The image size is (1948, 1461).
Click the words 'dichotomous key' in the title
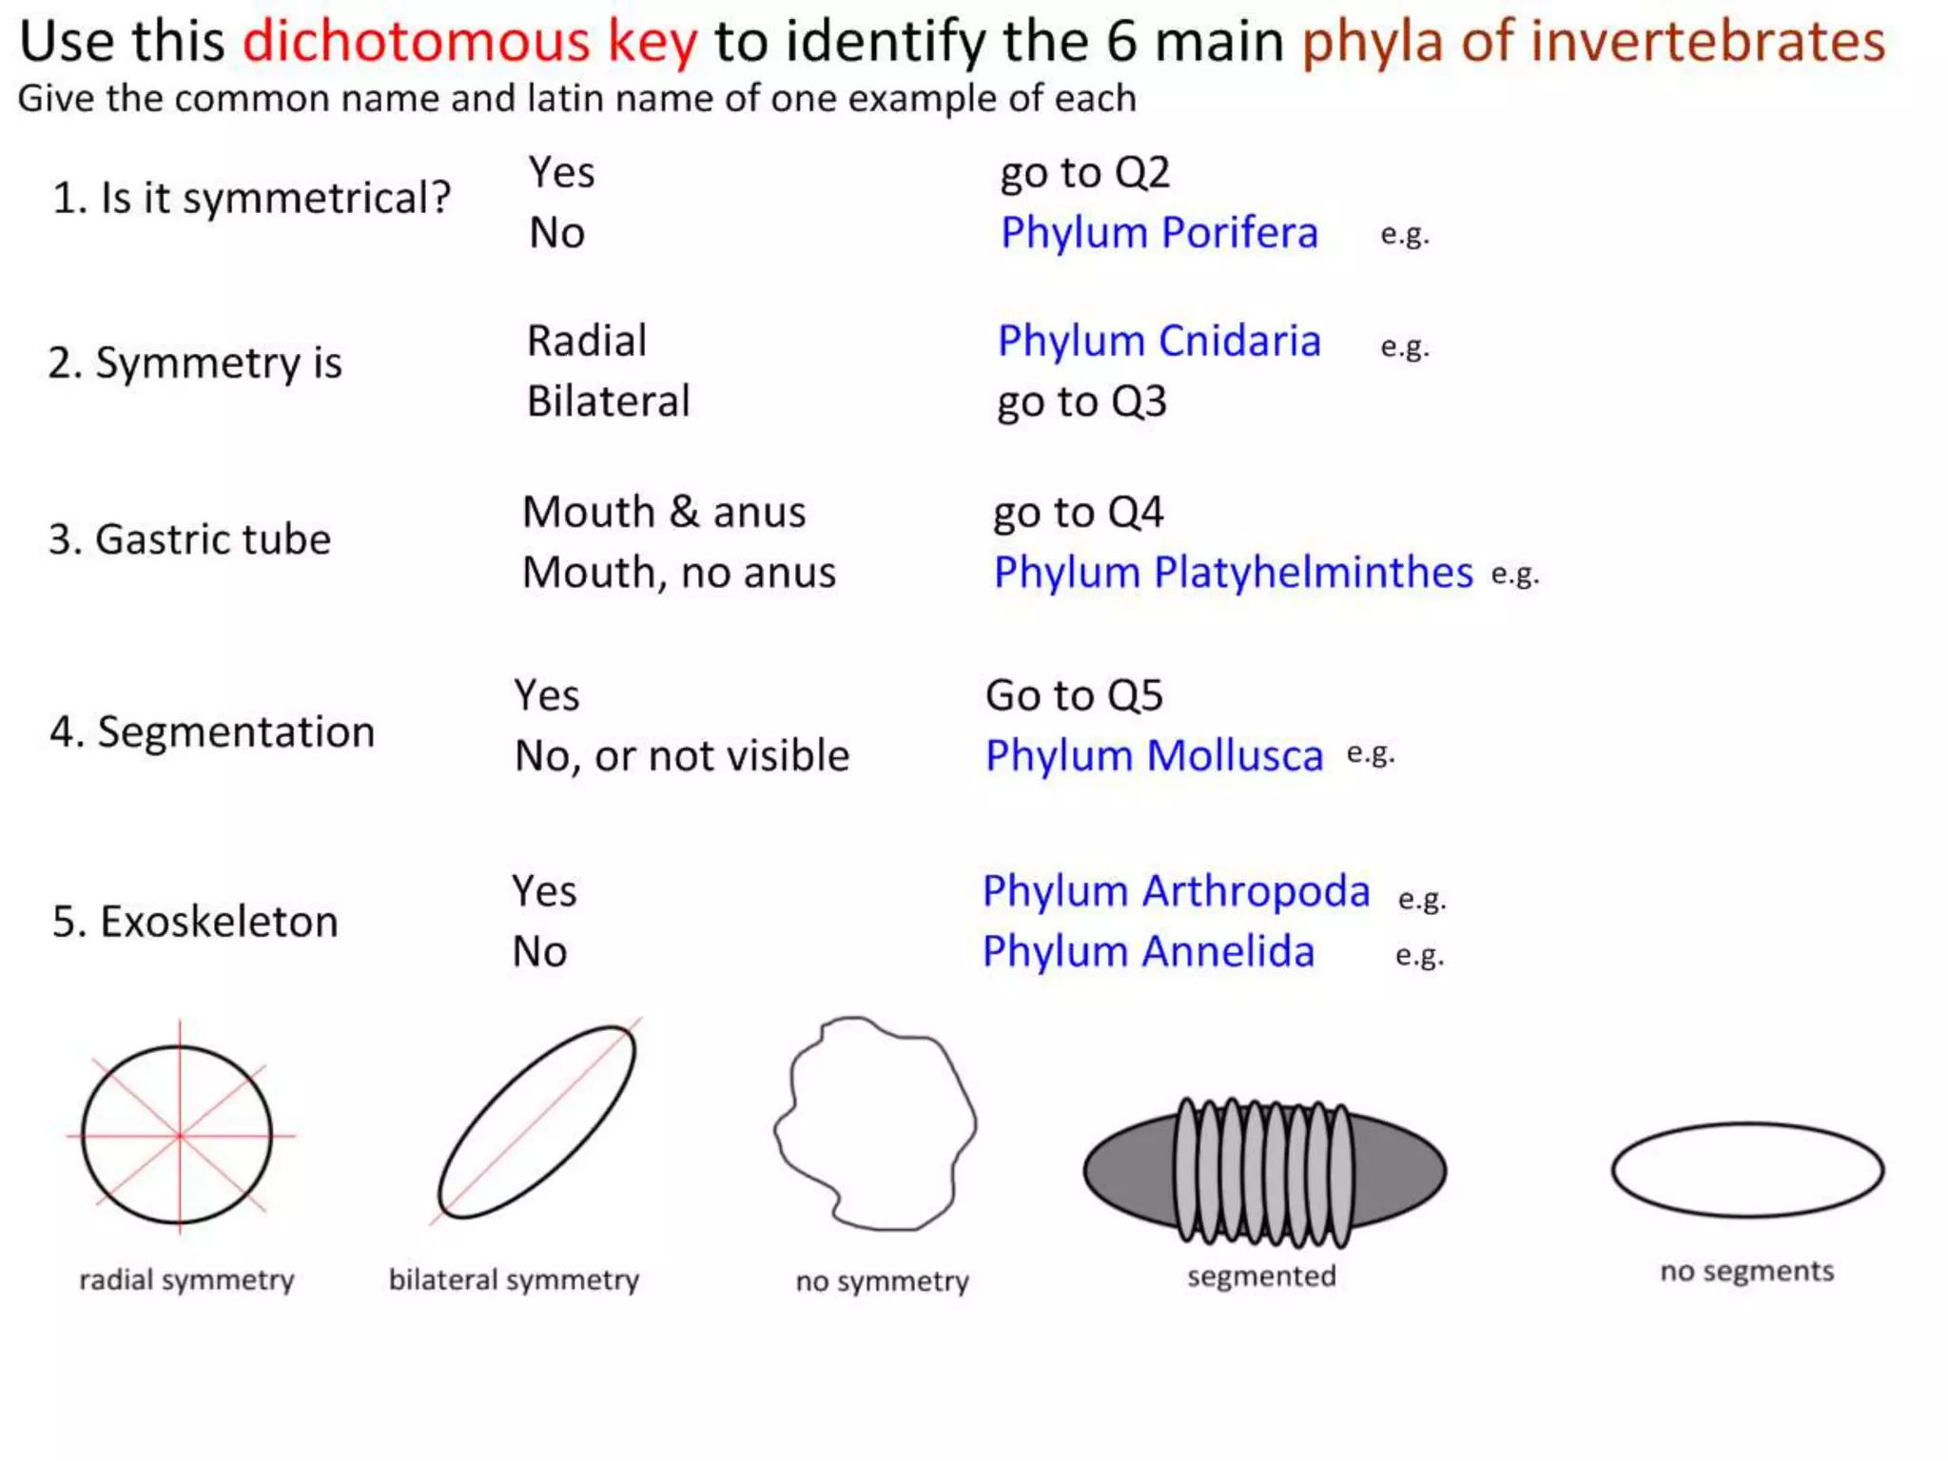click(470, 43)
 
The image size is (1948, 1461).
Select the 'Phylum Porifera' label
click(1159, 233)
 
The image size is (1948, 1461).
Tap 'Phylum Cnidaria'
click(1159, 341)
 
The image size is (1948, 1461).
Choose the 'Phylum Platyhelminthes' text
click(1233, 573)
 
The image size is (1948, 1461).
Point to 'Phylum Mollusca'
click(1154, 756)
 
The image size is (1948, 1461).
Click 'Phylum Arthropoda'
click(1176, 891)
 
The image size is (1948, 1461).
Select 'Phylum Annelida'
click(1148, 952)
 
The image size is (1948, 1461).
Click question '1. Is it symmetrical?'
click(251, 199)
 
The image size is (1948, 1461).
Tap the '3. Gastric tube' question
click(190, 539)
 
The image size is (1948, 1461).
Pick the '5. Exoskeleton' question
click(195, 922)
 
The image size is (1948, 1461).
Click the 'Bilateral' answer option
click(608, 401)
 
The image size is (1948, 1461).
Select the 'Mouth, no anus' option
click(679, 573)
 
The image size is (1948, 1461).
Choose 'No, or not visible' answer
click(682, 756)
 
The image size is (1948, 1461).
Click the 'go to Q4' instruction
click(1078, 513)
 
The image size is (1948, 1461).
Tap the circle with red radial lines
click(178, 1135)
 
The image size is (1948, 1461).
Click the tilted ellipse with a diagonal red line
click(536, 1122)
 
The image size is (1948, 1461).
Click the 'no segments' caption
click(1746, 1272)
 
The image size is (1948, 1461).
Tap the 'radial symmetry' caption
click(186, 1280)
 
